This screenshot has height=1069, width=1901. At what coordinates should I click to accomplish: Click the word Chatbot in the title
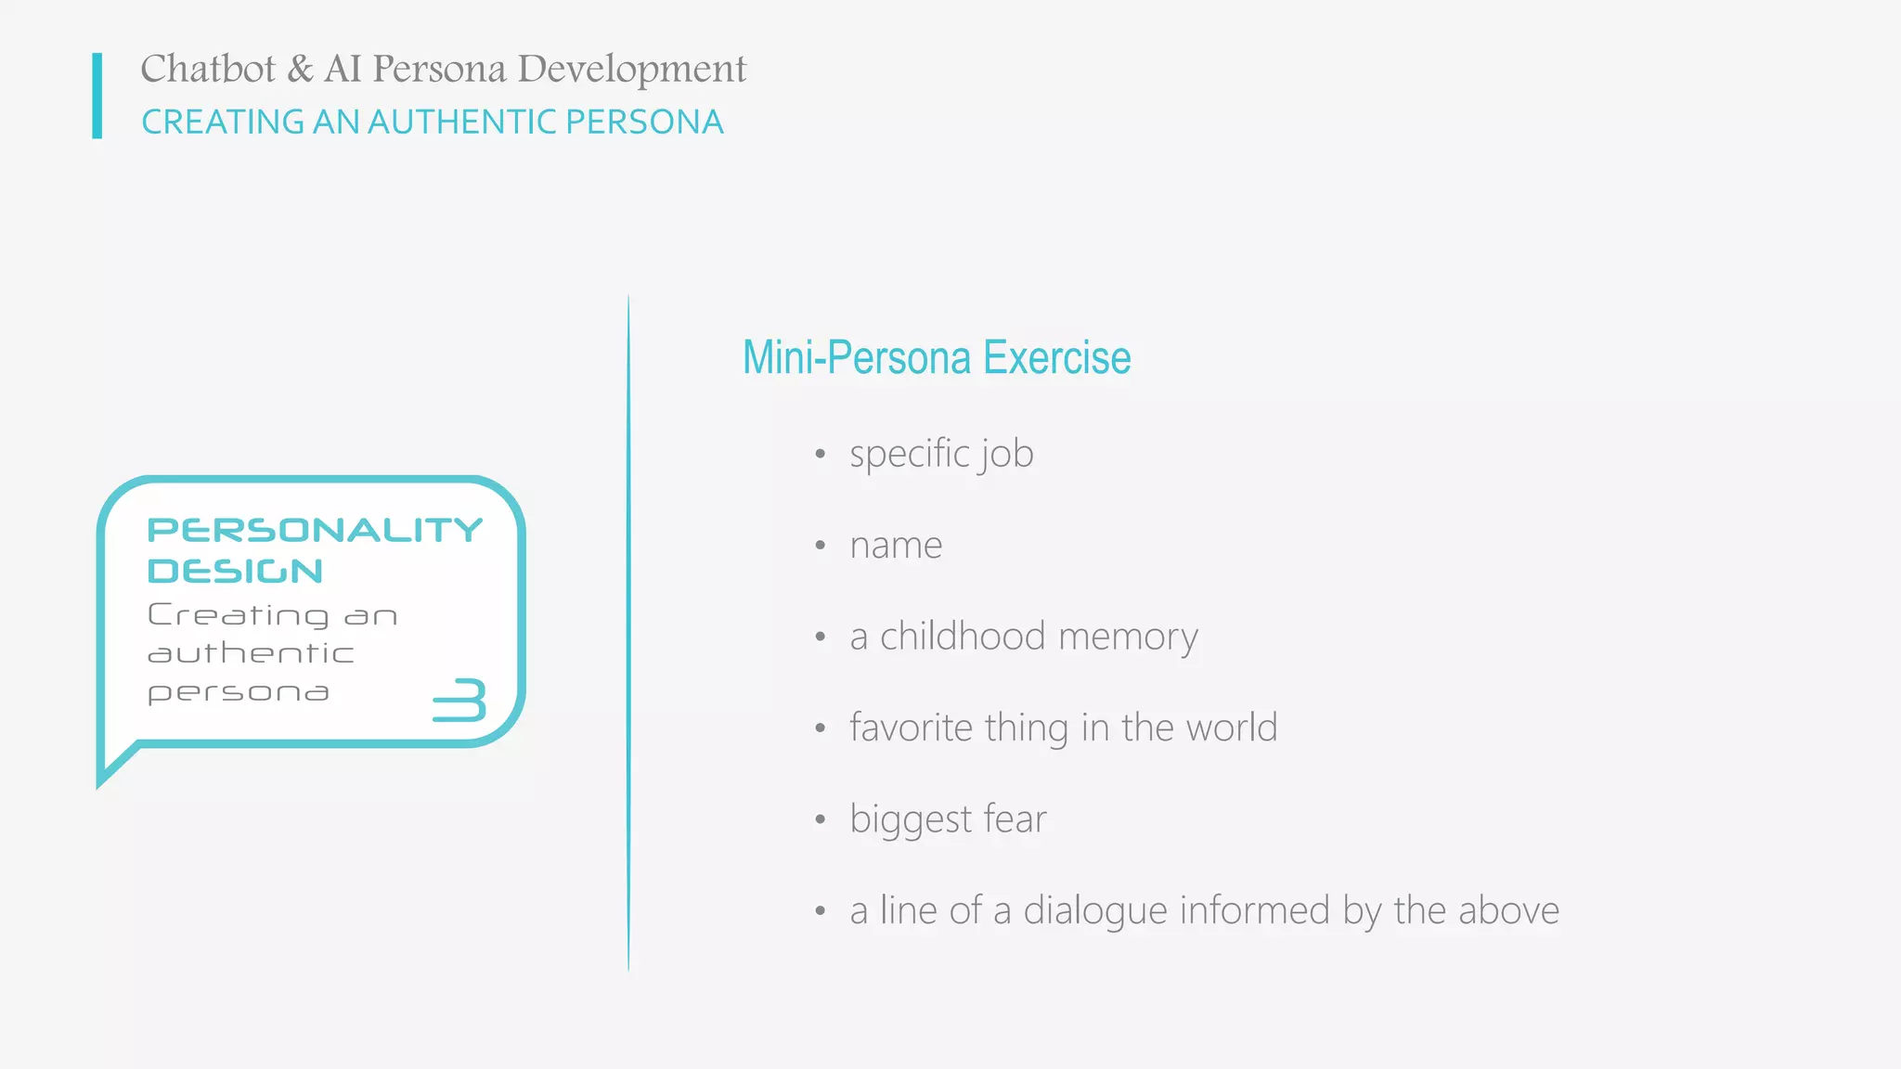click(x=208, y=70)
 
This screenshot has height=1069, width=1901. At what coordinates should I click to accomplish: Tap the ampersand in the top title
click(x=300, y=70)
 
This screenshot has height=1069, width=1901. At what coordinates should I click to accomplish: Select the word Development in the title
click(x=631, y=70)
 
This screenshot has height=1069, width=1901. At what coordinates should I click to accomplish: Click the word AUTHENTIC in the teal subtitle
click(x=461, y=122)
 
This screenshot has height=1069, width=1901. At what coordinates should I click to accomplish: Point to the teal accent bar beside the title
click(x=97, y=96)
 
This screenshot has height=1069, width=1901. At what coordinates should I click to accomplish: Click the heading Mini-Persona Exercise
click(x=936, y=358)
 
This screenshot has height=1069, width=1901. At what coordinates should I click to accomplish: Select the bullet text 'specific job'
click(x=941, y=455)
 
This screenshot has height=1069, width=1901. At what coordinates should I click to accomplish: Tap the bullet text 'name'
click(x=896, y=546)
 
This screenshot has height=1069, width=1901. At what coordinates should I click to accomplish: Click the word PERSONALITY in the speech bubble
click(x=315, y=530)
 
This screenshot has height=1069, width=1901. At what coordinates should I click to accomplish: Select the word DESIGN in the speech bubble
click(x=235, y=572)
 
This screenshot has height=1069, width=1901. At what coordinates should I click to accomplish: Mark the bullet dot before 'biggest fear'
click(x=820, y=820)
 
